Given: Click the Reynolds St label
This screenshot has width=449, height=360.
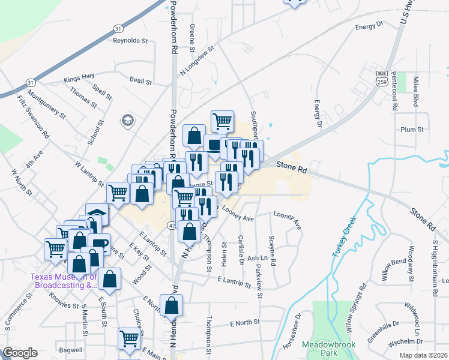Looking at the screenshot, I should coord(130,41).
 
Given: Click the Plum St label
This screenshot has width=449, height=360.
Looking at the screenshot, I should coord(412,129).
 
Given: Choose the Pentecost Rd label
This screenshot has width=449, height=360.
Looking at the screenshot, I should coord(394,91).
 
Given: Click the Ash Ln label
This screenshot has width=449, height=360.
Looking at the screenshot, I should coord(256,258).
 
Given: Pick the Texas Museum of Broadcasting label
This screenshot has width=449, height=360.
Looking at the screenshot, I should coord(64,281).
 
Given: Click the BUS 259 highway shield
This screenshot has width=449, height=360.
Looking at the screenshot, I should coord(382,77).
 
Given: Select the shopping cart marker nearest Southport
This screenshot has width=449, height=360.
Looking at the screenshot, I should coord(222,121).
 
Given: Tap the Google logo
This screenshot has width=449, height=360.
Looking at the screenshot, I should coord(20,353).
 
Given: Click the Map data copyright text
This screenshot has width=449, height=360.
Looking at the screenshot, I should coord(423,355).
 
